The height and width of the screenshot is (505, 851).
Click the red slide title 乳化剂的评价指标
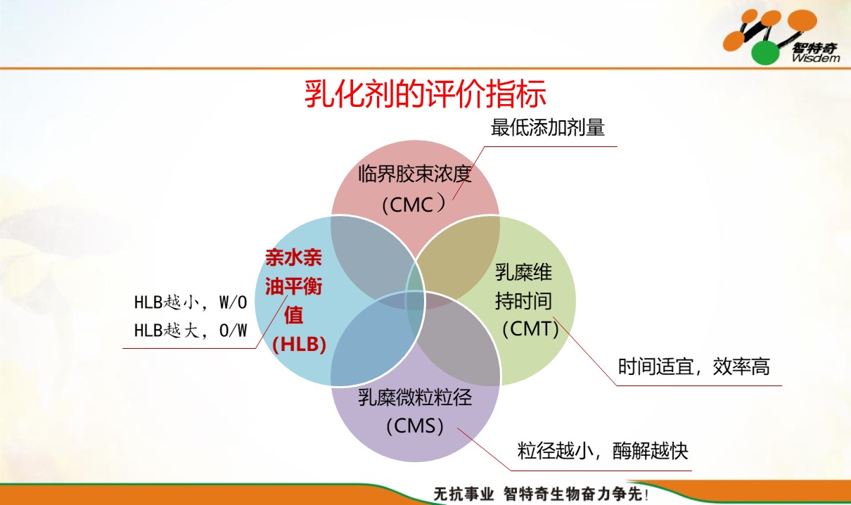pyautogui.click(x=425, y=94)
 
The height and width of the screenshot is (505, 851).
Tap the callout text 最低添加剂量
pyautogui.click(x=547, y=127)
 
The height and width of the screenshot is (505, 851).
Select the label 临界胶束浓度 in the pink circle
pyautogui.click(x=415, y=174)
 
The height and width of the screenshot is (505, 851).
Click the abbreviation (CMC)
pyautogui.click(x=414, y=204)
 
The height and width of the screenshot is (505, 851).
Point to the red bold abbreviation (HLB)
pyautogui.click(x=300, y=344)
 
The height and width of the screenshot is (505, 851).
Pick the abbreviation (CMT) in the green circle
pyautogui.click(x=530, y=328)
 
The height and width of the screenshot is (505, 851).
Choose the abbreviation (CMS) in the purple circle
pyautogui.click(x=415, y=426)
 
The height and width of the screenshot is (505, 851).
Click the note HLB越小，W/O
pyautogui.click(x=191, y=302)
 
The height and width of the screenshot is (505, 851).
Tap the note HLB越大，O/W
pyautogui.click(x=191, y=330)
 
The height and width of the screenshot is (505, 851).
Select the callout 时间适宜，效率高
pyautogui.click(x=693, y=366)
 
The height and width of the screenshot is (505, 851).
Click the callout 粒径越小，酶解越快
pyautogui.click(x=603, y=451)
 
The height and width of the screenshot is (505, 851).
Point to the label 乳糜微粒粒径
pyautogui.click(x=415, y=397)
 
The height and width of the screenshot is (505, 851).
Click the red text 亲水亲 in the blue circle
pyautogui.click(x=293, y=257)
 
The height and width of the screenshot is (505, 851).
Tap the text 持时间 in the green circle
pyautogui.click(x=523, y=300)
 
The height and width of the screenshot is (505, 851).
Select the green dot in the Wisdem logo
pyautogui.click(x=765, y=53)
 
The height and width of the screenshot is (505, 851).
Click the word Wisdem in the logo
pyautogui.click(x=816, y=58)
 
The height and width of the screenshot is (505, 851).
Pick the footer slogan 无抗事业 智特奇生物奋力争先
pyautogui.click(x=541, y=494)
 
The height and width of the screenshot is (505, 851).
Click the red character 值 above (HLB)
pyautogui.click(x=294, y=315)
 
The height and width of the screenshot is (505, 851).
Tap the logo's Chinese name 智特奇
pyautogui.click(x=814, y=48)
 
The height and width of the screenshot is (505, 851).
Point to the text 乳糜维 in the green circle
pyautogui.click(x=523, y=272)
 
